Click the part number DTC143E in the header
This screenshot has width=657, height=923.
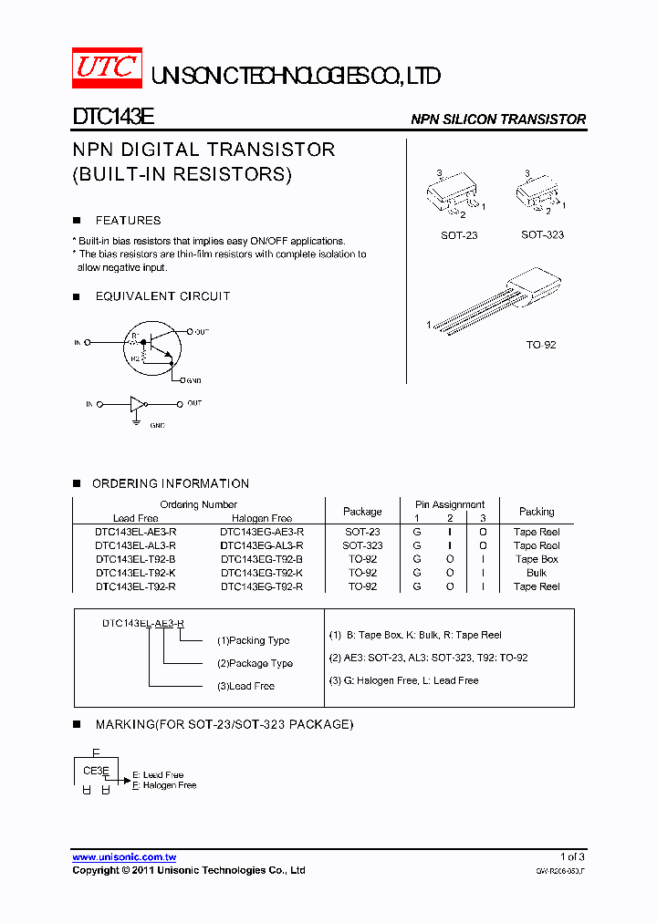(113, 119)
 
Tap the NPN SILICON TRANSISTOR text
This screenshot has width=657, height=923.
(498, 119)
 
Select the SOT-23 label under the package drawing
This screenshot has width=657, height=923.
(459, 235)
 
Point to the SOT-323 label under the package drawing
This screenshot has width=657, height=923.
(542, 235)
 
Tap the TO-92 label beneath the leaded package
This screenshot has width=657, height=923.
(541, 345)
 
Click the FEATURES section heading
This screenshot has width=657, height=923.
(128, 221)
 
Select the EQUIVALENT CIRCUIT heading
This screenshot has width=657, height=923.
(162, 296)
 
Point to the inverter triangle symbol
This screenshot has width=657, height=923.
(137, 403)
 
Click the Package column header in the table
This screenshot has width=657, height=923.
(362, 512)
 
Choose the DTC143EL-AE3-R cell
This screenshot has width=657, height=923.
(136, 532)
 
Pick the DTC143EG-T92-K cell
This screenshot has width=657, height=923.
(262, 574)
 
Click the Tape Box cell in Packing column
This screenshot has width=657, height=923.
(537, 560)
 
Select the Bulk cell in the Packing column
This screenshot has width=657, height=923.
(537, 574)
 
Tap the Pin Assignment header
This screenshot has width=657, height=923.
(450, 504)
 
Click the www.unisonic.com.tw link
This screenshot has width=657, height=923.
(124, 857)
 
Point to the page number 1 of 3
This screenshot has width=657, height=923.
(572, 857)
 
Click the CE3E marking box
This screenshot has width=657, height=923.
(96, 772)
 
